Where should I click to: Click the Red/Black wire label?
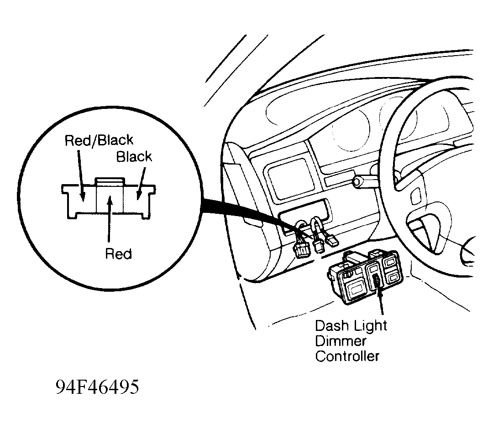[x=99, y=140]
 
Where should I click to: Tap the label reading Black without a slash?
[x=134, y=157]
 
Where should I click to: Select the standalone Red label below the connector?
[x=119, y=254]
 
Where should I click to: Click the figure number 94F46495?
[x=97, y=387]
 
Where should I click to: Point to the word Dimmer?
[x=341, y=341]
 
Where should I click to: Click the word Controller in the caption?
[x=347, y=356]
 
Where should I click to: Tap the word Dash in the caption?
[x=331, y=325]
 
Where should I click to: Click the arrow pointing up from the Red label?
[x=109, y=218]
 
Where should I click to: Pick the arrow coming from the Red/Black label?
[x=80, y=175]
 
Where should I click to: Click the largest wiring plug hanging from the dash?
[x=302, y=250]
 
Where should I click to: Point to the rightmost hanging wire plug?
[x=332, y=241]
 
